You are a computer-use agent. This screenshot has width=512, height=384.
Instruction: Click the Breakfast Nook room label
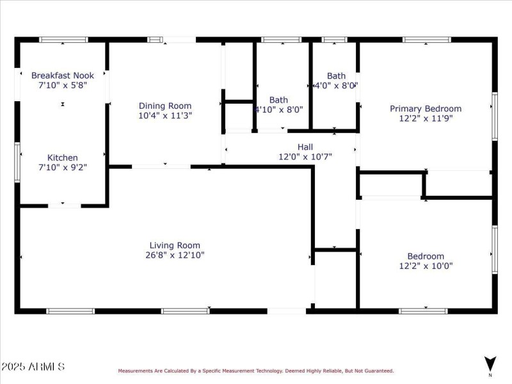pos(63,76)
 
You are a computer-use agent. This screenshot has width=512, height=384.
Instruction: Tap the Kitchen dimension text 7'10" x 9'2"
pos(63,167)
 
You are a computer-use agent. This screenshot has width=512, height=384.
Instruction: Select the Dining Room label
pos(165,106)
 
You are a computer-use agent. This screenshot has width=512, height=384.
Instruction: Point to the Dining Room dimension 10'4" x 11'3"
pos(165,116)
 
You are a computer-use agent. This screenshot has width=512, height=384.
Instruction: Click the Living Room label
pos(175,245)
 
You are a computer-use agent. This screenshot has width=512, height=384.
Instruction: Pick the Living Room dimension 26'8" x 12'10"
pos(175,255)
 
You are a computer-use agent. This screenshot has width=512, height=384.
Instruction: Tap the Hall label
pos(305,147)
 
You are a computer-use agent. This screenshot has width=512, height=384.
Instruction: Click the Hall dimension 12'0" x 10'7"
pos(305,156)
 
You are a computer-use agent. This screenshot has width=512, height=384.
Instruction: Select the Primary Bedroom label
pos(426,109)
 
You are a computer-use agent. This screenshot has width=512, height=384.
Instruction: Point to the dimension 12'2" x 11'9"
pos(426,118)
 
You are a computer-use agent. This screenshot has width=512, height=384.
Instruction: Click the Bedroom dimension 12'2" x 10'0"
pos(426,266)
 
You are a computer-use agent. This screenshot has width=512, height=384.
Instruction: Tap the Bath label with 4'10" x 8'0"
pos(278,100)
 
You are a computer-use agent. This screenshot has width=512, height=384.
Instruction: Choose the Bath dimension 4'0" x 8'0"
pos(336,85)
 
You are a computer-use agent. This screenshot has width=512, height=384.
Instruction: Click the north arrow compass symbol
pos(490,363)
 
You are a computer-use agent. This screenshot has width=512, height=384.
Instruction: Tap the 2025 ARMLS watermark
pos(33,367)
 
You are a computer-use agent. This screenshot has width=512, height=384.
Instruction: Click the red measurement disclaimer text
pos(255,371)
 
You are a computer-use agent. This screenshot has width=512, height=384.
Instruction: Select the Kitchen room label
pos(63,157)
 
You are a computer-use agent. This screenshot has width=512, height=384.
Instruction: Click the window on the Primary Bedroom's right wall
pos(494,116)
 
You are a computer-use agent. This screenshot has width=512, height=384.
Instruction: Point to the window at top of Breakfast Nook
pos(63,40)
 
